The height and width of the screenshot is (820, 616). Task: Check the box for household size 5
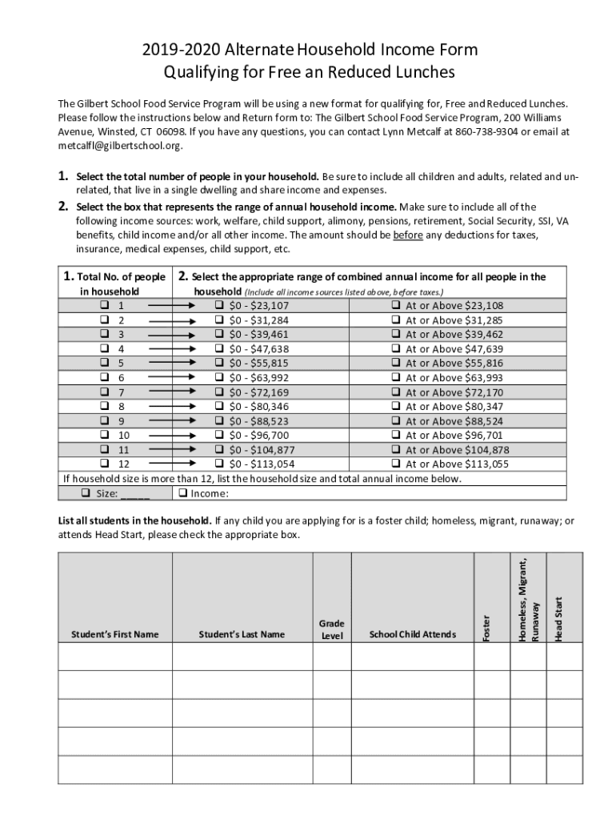(x=104, y=364)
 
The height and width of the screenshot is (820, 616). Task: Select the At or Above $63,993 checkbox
(x=395, y=378)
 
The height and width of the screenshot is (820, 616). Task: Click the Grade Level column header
(x=331, y=629)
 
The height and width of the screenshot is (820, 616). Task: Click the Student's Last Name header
(x=242, y=635)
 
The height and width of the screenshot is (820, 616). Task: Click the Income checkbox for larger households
(x=183, y=493)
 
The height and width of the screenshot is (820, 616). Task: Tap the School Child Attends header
(x=412, y=635)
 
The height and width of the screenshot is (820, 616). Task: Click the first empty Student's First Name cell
(x=114, y=656)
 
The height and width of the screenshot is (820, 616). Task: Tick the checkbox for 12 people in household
(x=104, y=464)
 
